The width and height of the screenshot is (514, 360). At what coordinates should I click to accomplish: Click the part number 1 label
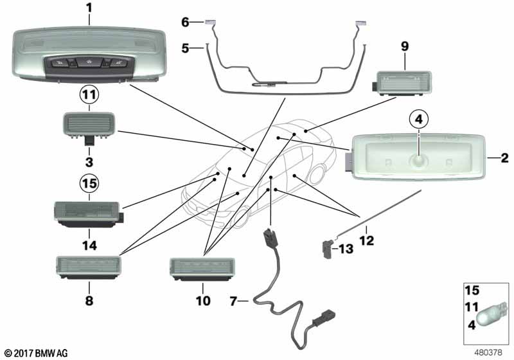[89, 8]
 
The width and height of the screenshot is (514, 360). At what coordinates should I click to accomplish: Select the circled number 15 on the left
[89, 184]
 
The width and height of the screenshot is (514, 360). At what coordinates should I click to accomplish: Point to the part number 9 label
[405, 47]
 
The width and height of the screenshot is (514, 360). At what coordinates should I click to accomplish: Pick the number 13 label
[346, 248]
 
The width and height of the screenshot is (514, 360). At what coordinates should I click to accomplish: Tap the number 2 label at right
[505, 157]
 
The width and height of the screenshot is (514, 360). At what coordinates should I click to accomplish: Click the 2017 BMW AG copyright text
[36, 352]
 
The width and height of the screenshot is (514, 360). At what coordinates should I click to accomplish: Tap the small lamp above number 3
[89, 123]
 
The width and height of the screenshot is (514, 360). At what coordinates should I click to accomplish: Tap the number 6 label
[184, 22]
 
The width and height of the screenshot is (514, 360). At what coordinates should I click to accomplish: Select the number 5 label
[184, 47]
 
